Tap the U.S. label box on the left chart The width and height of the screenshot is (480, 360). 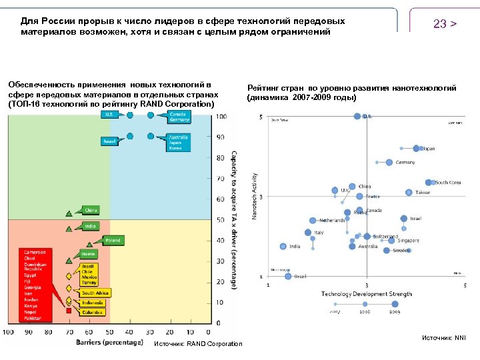pyautogui.click(x=109, y=115)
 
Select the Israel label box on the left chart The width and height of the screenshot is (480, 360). pyautogui.click(x=109, y=141)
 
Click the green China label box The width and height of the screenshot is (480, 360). pyautogui.click(x=91, y=210)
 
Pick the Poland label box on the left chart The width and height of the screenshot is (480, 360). pyautogui.click(x=112, y=240)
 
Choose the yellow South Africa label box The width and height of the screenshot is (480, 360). pyautogui.click(x=95, y=293)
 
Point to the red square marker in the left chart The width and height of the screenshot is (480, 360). pyautogui.click(x=68, y=311)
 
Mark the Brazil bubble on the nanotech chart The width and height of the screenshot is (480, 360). pyautogui.click(x=288, y=276)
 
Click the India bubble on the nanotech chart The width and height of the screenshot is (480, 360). pyautogui.click(x=283, y=246)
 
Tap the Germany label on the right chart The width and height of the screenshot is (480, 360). pyautogui.click(x=405, y=162)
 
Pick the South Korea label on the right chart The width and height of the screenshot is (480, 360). pyautogui.click(x=447, y=182)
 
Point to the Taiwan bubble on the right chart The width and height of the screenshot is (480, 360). pyautogui.click(x=409, y=192)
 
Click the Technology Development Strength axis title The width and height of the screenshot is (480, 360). pyautogui.click(x=366, y=294)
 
